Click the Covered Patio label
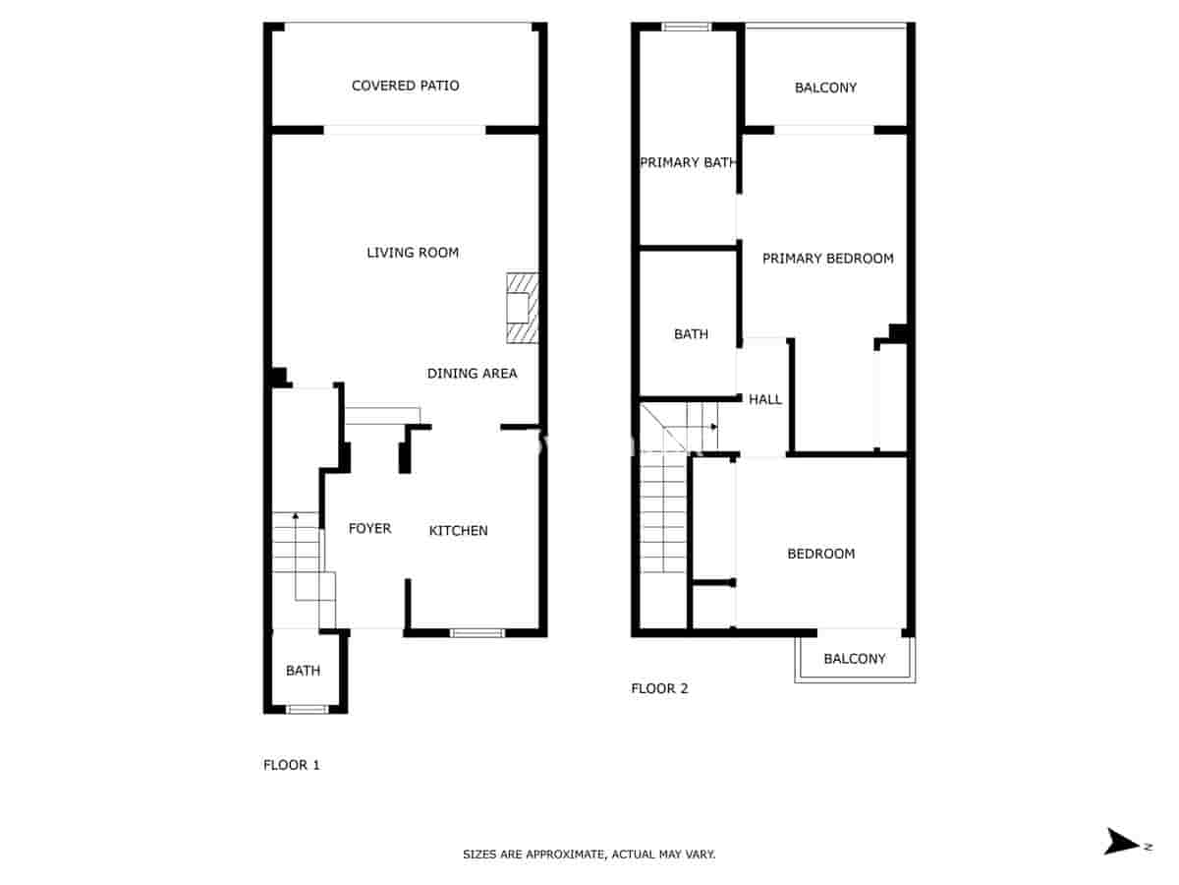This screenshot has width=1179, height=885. point(405,86)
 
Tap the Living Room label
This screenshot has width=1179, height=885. point(413,253)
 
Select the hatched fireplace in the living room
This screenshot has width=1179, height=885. point(522,309)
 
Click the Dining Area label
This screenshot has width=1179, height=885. point(472,374)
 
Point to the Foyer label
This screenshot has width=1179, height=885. point(369,529)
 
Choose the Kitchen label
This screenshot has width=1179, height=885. point(458,531)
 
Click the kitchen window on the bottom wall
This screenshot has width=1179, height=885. point(477,632)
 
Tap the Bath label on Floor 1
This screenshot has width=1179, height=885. point(303,671)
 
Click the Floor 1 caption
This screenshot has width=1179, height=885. point(292,765)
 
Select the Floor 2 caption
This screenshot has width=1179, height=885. point(659,688)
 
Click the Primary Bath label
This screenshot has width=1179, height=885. point(688,162)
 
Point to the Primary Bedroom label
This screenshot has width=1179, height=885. point(827,259)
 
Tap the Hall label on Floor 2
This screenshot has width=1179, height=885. point(765,399)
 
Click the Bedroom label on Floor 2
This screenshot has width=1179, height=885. point(820,554)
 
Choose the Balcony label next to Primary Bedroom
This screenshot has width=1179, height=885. point(825,88)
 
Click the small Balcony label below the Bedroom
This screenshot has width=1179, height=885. point(854,659)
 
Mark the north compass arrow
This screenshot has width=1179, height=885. point(1120,842)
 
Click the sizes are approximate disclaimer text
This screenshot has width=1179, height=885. point(589,855)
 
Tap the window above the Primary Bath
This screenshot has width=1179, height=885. point(686,27)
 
